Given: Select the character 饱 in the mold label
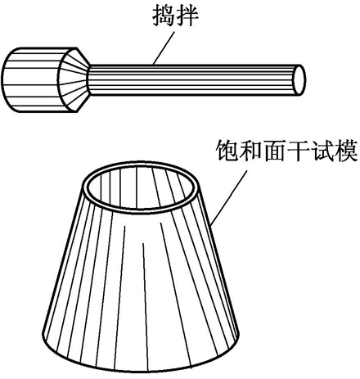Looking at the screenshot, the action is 227,151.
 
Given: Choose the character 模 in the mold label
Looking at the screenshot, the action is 346,151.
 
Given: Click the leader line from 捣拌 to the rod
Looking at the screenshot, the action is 163,48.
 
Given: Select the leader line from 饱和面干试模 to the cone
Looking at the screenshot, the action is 229,199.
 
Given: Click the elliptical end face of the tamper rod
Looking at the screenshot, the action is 299,80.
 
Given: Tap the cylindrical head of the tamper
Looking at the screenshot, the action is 33,79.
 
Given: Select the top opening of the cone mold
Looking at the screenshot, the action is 141,188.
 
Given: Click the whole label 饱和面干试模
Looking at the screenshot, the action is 286,151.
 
